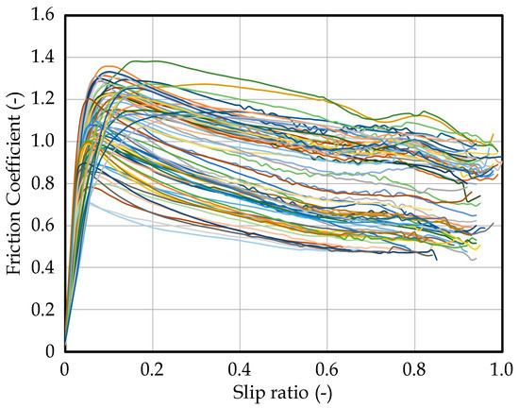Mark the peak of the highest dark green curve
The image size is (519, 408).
pos(151,60)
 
